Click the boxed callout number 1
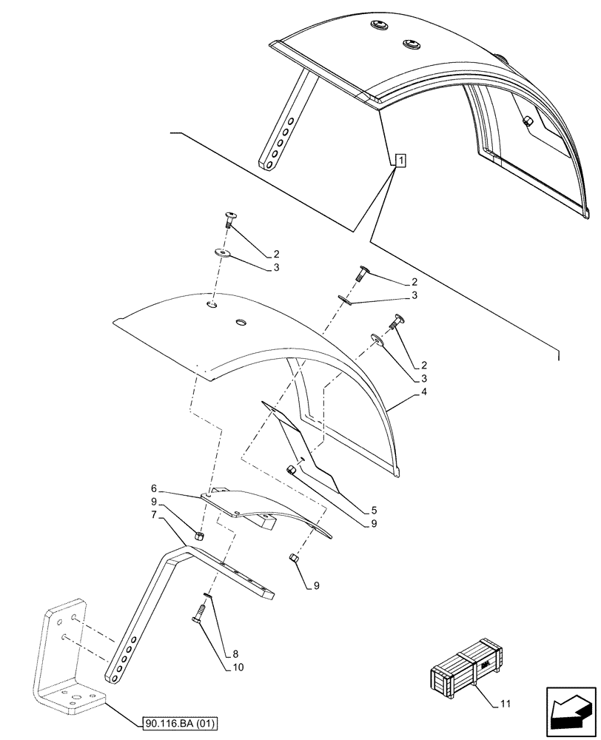[399, 159]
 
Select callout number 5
[375, 509]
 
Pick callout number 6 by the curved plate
[153, 489]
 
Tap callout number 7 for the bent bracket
[153, 514]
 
